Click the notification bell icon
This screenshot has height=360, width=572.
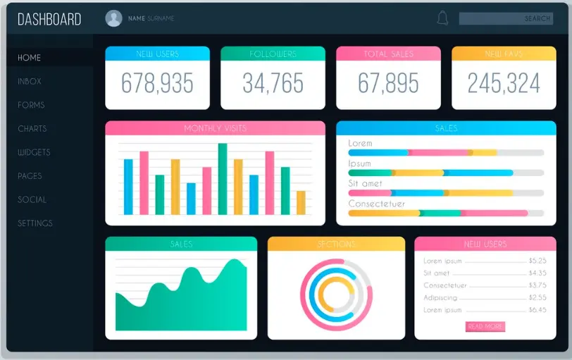[442, 18]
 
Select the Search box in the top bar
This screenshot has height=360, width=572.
[506, 18]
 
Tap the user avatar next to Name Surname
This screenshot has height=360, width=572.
[113, 18]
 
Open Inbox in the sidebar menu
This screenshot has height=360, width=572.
[30, 81]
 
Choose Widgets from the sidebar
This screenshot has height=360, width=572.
[34, 152]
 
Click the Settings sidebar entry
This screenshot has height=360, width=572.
[35, 223]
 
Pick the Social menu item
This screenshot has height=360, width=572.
[32, 199]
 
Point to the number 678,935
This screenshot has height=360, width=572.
[157, 83]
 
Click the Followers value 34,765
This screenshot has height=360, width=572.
[273, 83]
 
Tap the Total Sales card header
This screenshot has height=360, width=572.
[388, 54]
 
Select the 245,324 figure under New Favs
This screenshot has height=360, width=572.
[504, 83]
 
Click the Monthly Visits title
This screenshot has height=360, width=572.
[215, 128]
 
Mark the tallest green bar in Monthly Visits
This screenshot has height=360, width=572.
[223, 178]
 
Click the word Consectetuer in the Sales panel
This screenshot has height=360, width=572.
[377, 204]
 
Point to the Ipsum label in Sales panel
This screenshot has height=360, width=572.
[359, 163]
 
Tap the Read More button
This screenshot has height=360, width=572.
[485, 326]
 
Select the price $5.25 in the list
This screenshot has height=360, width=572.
[537, 261]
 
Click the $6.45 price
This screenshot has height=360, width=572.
[537, 310]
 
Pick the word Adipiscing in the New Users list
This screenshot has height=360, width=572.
[440, 297]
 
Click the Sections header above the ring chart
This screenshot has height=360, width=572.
[336, 244]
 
